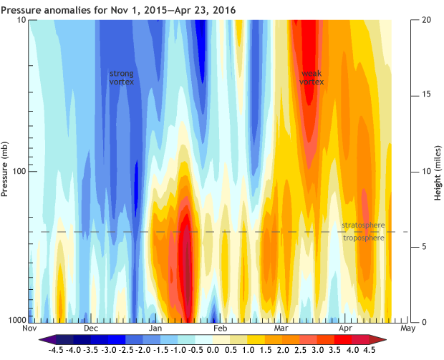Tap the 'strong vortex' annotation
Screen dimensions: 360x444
(121, 77)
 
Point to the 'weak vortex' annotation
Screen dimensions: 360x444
(312, 77)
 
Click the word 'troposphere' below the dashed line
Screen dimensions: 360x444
(363, 238)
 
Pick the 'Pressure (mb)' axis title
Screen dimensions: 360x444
(6, 170)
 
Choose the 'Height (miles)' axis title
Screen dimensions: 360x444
(437, 170)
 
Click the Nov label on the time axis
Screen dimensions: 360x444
(29, 329)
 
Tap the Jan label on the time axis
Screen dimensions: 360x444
(155, 329)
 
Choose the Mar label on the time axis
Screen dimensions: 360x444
(281, 329)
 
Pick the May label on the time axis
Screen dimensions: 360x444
(408, 329)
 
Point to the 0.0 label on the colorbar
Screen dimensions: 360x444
(213, 351)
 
